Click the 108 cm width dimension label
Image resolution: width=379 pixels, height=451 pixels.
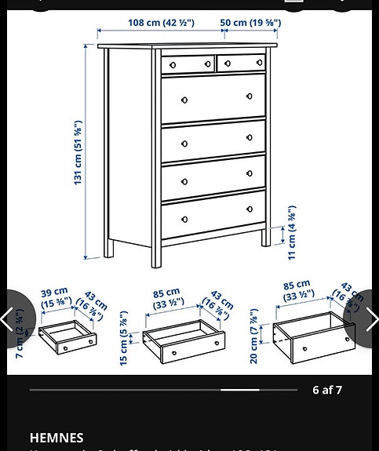(x=161, y=23)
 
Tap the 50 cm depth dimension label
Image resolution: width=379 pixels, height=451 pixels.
(x=250, y=23)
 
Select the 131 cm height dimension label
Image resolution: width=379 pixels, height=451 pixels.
(x=78, y=153)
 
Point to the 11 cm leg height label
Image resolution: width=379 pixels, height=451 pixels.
(x=291, y=233)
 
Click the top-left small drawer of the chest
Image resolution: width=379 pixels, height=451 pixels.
(x=188, y=64)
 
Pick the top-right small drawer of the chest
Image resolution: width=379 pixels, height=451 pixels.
(x=241, y=63)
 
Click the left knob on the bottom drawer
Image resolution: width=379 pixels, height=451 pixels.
(x=184, y=220)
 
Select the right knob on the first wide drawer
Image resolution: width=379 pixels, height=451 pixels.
(x=250, y=96)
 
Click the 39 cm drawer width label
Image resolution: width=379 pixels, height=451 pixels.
(x=55, y=297)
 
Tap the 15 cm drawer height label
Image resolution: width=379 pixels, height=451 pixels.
(x=123, y=338)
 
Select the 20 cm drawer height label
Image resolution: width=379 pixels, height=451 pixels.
(x=254, y=336)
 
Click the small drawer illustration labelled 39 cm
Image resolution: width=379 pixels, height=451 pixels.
(x=67, y=337)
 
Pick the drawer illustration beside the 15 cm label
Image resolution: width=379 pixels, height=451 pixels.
(x=184, y=342)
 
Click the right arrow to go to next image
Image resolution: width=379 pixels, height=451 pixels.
(x=370, y=318)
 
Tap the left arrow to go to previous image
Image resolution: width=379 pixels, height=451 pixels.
(x=9, y=318)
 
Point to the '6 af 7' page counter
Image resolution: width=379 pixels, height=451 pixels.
(x=327, y=390)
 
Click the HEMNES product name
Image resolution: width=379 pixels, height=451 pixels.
(x=56, y=438)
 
